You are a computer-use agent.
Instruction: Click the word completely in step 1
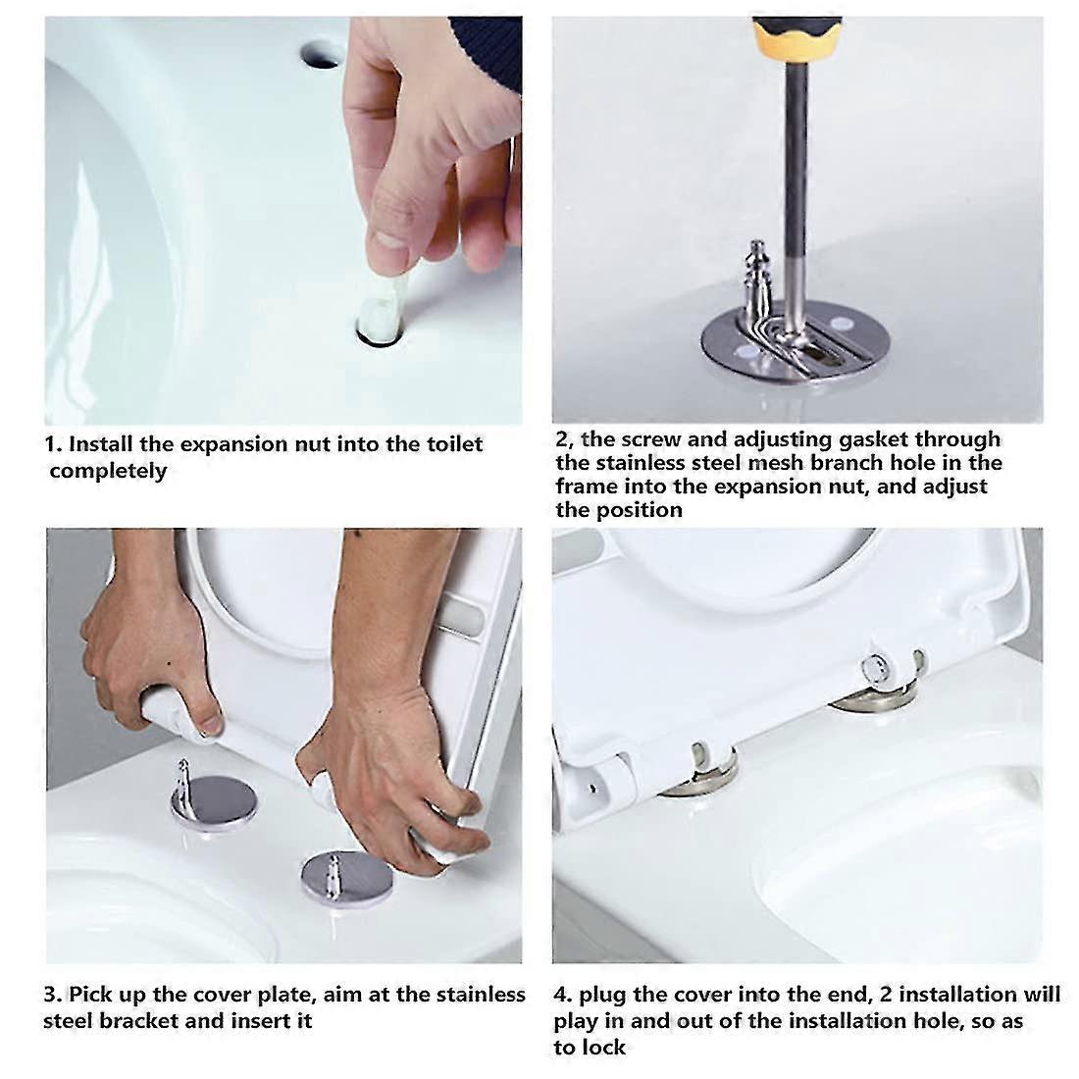tap(108, 471)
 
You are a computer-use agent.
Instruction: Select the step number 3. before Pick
tap(53, 995)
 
